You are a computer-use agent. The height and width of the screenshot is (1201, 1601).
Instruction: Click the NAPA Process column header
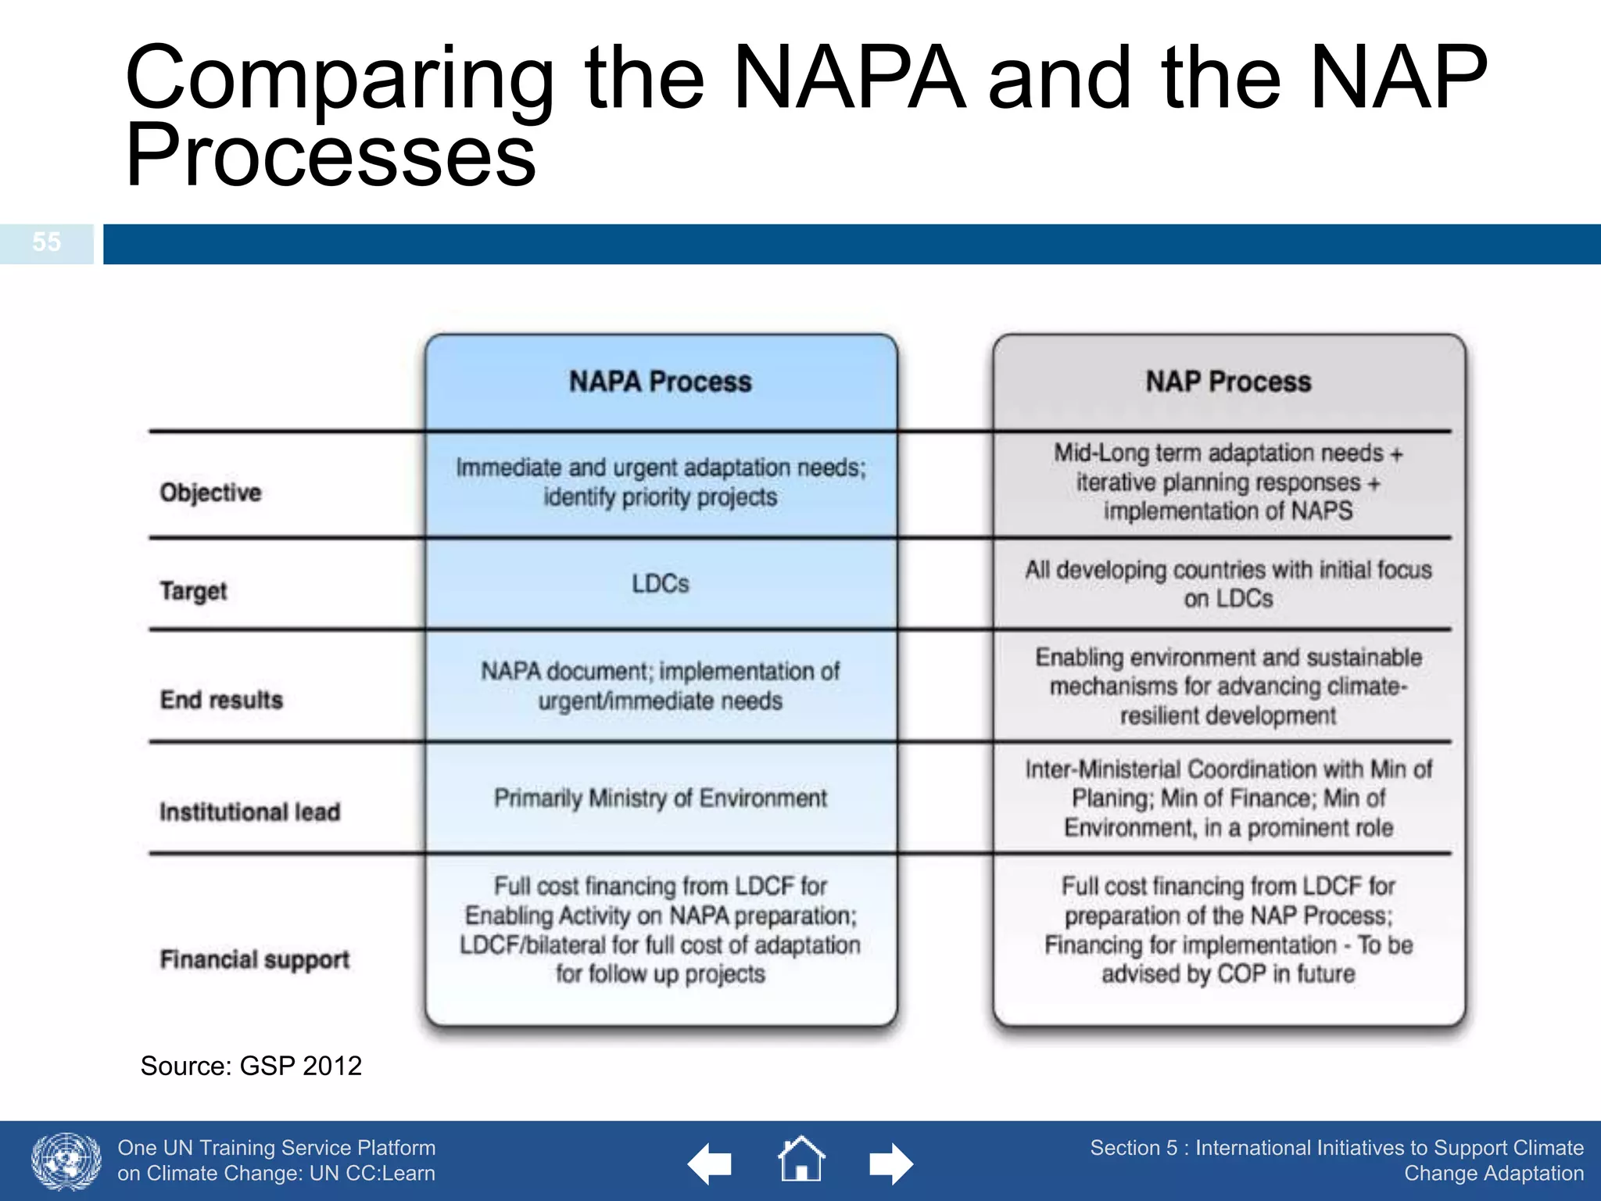tap(660, 382)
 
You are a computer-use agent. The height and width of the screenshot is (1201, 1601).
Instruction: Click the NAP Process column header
tap(1227, 382)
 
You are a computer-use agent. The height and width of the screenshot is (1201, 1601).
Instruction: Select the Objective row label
tap(210, 493)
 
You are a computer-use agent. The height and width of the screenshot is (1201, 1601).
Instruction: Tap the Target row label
tap(193, 590)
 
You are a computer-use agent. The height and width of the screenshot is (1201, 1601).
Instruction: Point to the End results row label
tap(221, 699)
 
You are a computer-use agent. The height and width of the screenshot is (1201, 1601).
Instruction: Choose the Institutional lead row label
tap(249, 812)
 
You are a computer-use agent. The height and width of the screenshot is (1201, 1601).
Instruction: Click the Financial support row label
tap(254, 959)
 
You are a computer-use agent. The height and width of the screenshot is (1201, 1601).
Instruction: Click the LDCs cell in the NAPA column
tap(660, 584)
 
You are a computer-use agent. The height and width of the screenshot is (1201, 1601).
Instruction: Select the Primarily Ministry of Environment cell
tap(660, 798)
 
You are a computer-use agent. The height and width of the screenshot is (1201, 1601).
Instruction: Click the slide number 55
tap(46, 242)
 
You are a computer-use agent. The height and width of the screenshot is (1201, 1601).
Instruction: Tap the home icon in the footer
tap(800, 1160)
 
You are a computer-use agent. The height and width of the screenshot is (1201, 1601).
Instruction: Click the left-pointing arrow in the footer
tap(709, 1164)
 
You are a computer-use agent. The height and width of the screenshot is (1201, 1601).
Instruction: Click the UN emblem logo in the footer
tap(66, 1161)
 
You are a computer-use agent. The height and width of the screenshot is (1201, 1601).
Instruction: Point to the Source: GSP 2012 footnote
tap(251, 1066)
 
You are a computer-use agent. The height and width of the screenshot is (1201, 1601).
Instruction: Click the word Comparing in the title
tap(338, 78)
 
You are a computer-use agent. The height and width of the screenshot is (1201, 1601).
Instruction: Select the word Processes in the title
tap(331, 156)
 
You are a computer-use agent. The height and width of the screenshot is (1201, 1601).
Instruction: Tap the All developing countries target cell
tap(1227, 584)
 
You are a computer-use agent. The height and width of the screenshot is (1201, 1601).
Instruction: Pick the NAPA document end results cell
tap(660, 686)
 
